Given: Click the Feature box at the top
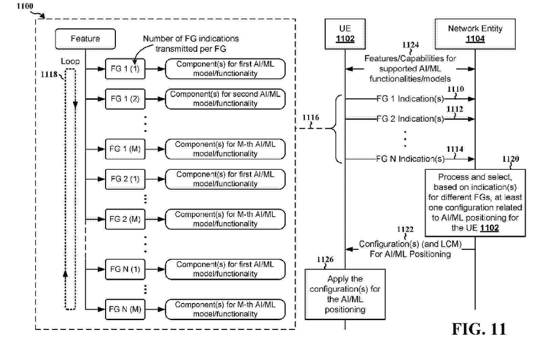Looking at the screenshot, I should point(85,39).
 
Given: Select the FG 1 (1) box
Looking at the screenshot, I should point(125,69).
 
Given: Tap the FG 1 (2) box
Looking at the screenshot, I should point(125,99).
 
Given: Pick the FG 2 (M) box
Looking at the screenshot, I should point(125,219).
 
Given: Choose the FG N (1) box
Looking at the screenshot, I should point(125,269).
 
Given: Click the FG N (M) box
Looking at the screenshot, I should point(125,309).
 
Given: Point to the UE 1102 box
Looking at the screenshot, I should point(345,34).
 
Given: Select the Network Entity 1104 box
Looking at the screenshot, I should point(475,34).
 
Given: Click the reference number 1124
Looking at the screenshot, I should point(410,45).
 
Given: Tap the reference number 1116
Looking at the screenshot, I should point(310,118).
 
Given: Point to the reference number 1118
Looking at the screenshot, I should point(49,74).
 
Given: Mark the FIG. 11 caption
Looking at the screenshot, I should point(479,329).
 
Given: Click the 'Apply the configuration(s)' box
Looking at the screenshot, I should point(345,294).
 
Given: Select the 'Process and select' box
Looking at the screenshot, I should point(475,202).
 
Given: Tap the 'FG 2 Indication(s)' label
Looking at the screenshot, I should point(410,119).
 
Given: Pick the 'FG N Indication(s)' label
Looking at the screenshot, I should point(410,159).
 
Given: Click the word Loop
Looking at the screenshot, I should point(70,62).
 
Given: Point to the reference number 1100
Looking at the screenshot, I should point(25,6).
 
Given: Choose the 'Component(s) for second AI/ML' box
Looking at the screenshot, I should point(225,99).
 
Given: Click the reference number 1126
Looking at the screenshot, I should point(325,260).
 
